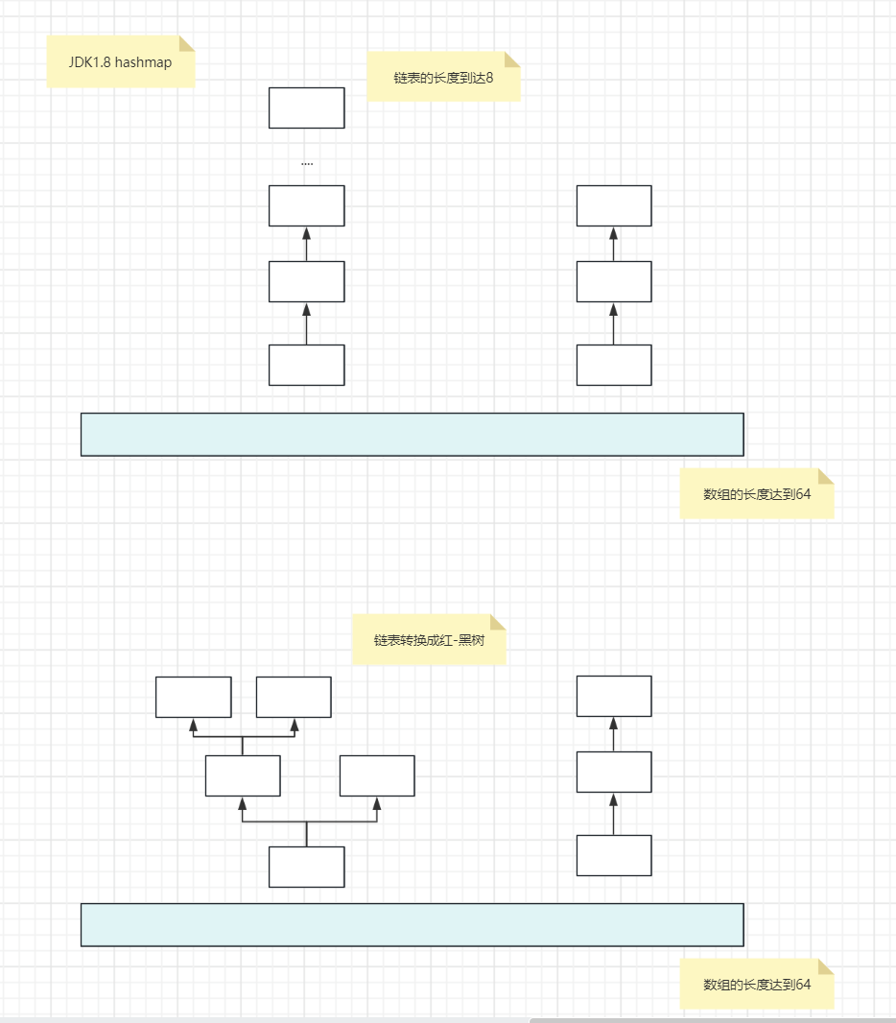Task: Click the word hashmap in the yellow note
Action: click(x=144, y=62)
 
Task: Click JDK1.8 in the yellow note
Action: click(x=90, y=62)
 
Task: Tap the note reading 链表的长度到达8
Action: click(x=443, y=77)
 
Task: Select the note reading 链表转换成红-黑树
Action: click(x=429, y=639)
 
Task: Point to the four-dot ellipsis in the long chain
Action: click(x=307, y=164)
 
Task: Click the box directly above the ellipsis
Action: click(x=306, y=107)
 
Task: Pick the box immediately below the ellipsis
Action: click(x=306, y=205)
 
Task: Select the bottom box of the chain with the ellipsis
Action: click(x=306, y=365)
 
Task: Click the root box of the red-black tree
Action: click(x=306, y=867)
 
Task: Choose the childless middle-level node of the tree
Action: click(x=377, y=775)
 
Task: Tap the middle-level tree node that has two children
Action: click(x=243, y=775)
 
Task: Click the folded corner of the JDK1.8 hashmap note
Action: click(x=187, y=43)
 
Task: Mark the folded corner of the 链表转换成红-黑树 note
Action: click(x=498, y=621)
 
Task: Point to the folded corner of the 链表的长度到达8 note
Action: click(x=512, y=59)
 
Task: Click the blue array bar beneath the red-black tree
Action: click(x=413, y=924)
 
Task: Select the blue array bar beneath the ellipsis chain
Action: click(x=413, y=434)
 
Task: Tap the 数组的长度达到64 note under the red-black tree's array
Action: click(x=757, y=984)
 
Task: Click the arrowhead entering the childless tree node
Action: click(x=377, y=803)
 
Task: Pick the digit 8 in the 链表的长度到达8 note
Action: click(x=489, y=78)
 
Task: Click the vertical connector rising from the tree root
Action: click(x=306, y=834)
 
